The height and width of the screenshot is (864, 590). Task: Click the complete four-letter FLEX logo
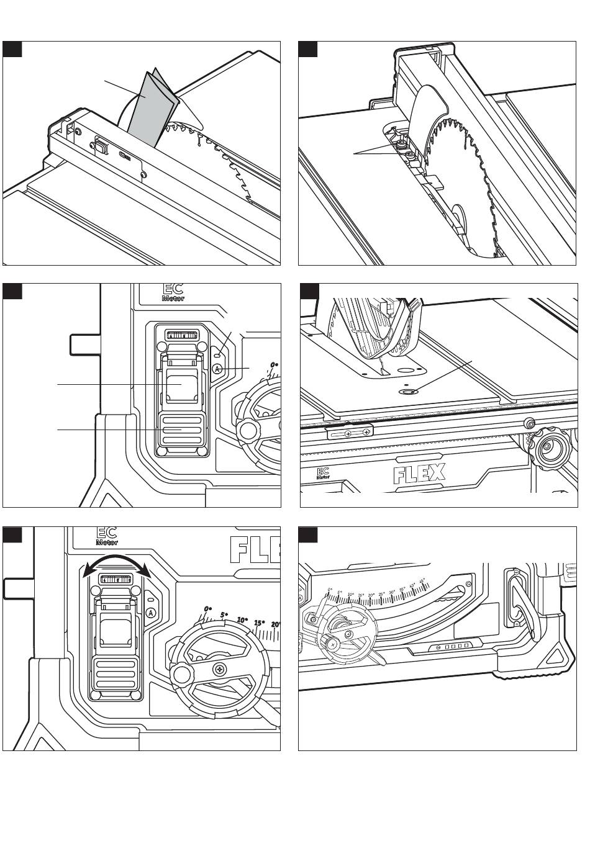(x=419, y=475)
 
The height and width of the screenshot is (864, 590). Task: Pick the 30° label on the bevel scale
(x=392, y=592)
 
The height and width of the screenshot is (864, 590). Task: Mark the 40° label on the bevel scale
(x=412, y=584)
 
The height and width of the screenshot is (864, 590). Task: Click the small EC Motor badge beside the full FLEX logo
(x=323, y=474)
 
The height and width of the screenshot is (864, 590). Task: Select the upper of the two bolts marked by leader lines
(x=403, y=144)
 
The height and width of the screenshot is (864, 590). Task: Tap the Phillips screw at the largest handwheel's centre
(x=220, y=670)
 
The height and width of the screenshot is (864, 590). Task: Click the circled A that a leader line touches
(x=217, y=369)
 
